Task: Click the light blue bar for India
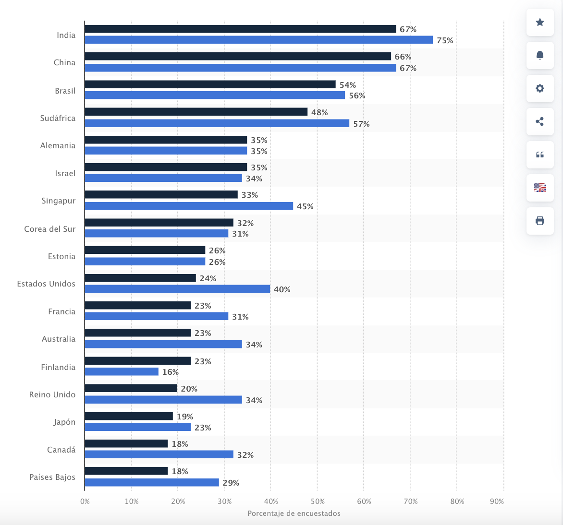[x=258, y=40]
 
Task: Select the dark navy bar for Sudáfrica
[x=196, y=112]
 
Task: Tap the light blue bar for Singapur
[x=189, y=206]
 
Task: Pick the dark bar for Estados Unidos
[x=140, y=278]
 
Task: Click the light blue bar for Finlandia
[x=122, y=372]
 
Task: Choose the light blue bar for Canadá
[x=159, y=455]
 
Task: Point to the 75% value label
[x=445, y=40]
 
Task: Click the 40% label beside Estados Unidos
[x=282, y=289]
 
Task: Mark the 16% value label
[x=171, y=372]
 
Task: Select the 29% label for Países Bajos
[x=231, y=483]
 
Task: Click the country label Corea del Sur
[x=50, y=229]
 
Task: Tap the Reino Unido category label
[x=52, y=394]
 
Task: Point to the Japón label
[x=64, y=422]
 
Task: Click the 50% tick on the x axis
[x=317, y=501]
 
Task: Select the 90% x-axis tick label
[x=497, y=501]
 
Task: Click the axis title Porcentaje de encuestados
[x=294, y=513]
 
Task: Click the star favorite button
[x=540, y=22]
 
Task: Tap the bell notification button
[x=540, y=55]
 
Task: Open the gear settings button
[x=540, y=88]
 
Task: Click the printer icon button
[x=540, y=221]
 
